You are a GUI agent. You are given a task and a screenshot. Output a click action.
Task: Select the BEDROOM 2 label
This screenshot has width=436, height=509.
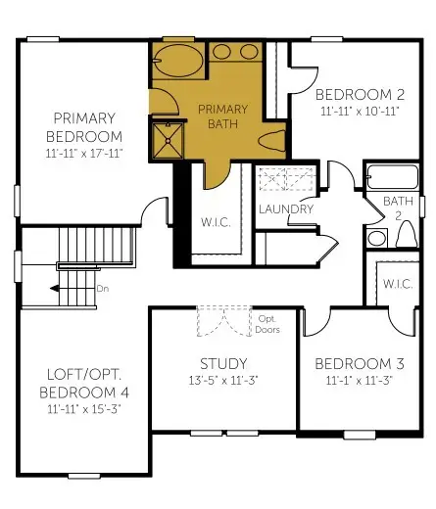[360, 95]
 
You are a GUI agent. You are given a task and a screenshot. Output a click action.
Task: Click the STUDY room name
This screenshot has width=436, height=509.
[216, 362]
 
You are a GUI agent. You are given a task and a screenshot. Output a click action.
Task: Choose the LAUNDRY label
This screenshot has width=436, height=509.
[286, 208]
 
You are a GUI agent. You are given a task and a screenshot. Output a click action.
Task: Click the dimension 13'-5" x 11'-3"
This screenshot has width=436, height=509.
[216, 380]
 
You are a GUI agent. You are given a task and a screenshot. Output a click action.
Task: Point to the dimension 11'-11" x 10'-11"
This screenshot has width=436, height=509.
[360, 112]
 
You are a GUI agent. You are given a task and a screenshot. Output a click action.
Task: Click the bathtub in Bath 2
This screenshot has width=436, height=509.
[391, 178]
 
